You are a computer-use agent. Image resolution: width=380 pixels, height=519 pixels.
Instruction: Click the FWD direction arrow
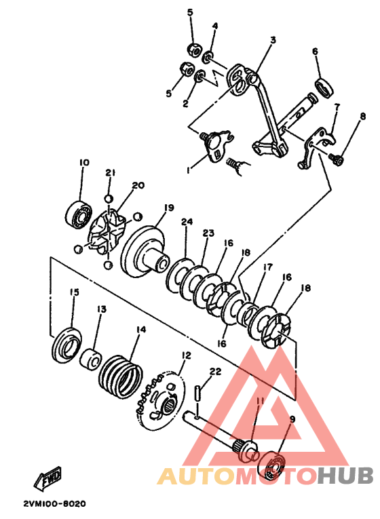pos(48,478)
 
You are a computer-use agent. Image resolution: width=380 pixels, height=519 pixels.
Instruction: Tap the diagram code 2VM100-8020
pos(54,503)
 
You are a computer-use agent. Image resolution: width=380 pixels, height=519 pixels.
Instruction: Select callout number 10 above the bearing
pos(84,163)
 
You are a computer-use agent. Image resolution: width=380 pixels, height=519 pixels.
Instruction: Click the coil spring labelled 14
pos(121,374)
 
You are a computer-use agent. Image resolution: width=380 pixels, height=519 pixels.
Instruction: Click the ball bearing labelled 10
pos(79,214)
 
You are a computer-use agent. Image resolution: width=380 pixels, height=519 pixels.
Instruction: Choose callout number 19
pos(168,208)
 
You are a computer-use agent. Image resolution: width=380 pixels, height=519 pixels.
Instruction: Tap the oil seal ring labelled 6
pos(325,88)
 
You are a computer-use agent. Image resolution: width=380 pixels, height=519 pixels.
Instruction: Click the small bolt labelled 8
pos(337,159)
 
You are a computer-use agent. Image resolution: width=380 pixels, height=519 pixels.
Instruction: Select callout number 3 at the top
pos(273,40)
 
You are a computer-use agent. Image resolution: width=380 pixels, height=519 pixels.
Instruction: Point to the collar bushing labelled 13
pos(90,359)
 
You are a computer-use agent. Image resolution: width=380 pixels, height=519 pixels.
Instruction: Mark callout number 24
pos(187,221)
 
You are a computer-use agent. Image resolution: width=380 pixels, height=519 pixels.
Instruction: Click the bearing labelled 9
pos(273,466)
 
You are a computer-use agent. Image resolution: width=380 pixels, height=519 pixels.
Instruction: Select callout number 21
pos(111,172)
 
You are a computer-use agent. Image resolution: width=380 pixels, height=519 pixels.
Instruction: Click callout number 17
pos(267,267)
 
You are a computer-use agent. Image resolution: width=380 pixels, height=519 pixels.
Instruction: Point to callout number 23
pos(208,233)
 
